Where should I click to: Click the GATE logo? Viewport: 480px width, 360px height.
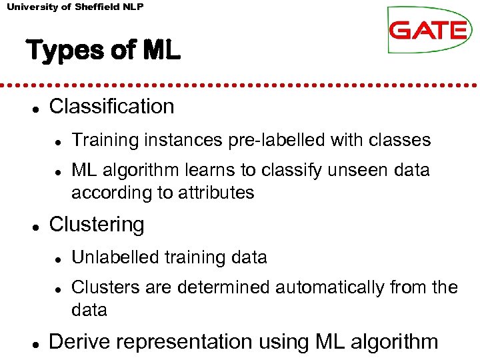[x=429, y=30]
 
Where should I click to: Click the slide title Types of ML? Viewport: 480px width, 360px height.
[x=103, y=51]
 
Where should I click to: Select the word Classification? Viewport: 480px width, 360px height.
[x=111, y=107]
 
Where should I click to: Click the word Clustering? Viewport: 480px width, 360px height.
[x=97, y=225]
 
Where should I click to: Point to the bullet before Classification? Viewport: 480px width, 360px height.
[x=33, y=107]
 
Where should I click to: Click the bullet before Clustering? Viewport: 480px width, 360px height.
[x=33, y=226]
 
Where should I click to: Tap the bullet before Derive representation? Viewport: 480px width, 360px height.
[x=33, y=343]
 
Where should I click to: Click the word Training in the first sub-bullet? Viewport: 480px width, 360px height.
[x=100, y=140]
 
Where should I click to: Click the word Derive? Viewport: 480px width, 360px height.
[x=77, y=342]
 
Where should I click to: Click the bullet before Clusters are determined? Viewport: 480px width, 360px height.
[x=59, y=289]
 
